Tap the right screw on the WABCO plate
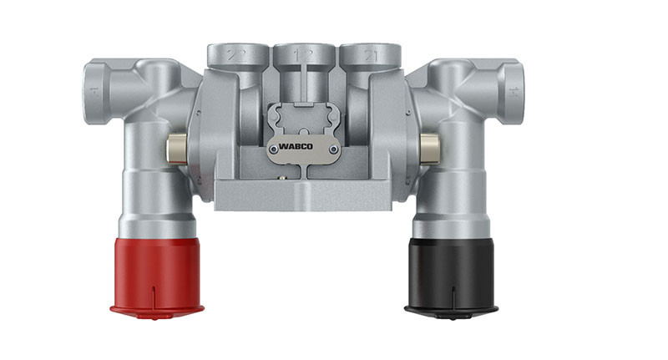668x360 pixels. tap(332, 150)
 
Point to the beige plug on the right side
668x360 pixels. tap(431, 149)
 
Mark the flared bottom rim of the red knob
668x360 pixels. tap(156, 312)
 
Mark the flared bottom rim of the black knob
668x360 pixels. tap(451, 312)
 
